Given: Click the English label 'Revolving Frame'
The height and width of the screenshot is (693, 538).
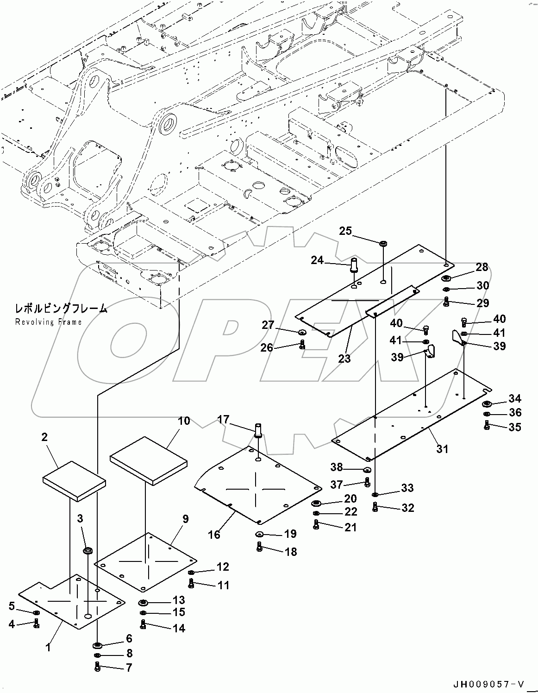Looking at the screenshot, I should click(x=48, y=322).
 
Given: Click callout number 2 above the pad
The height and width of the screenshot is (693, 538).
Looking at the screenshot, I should click(x=45, y=436).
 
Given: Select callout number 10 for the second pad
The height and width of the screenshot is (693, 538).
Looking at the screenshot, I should click(x=184, y=421).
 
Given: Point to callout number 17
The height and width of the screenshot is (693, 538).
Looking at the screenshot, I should click(x=223, y=419).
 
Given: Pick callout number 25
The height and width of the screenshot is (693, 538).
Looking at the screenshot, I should click(x=345, y=231).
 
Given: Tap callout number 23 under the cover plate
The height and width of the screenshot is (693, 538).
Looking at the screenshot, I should click(x=344, y=358).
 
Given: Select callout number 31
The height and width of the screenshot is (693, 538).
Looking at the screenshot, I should click(x=442, y=448).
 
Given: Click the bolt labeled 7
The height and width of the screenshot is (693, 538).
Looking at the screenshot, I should click(x=97, y=667).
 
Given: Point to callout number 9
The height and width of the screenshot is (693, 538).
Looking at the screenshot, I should click(x=185, y=519).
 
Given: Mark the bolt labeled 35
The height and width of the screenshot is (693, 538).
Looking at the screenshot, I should click(x=487, y=427).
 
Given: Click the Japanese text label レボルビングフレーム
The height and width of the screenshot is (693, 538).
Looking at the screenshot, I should click(x=61, y=309).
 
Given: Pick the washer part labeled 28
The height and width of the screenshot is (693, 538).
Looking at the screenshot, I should click(x=447, y=278).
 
